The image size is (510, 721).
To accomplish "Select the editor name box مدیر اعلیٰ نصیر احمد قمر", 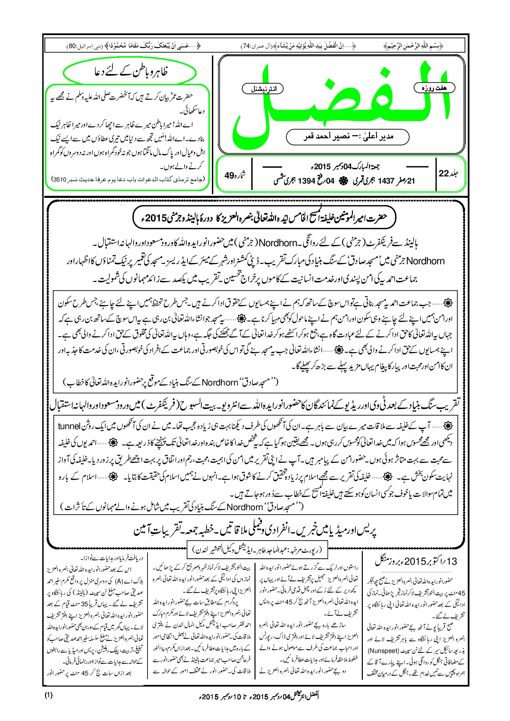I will point(347,137).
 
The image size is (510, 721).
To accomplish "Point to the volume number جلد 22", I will point(448,173).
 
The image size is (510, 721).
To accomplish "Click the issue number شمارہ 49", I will point(235,175).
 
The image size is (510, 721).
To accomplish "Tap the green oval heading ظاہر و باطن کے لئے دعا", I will point(130,72).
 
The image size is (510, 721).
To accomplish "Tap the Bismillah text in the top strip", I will point(413,46).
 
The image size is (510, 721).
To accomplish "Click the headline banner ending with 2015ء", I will point(264,218).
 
